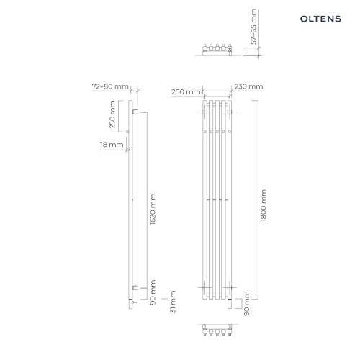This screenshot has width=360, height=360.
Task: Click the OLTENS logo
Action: coord(320,19)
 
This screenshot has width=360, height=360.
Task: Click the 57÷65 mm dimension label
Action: coord(253,27)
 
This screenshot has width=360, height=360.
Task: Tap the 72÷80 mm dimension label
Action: coord(110,86)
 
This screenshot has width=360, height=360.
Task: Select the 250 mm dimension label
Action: coord(112,114)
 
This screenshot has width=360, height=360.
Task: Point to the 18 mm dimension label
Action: coord(112,145)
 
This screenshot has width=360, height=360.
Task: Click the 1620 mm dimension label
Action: coord(153,209)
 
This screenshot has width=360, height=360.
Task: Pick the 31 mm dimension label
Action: coord(173,302)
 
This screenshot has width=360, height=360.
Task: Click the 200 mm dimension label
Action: coord(186,92)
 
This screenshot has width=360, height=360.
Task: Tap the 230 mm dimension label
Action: coord(248,86)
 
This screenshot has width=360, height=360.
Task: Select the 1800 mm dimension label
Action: coord(264,205)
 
